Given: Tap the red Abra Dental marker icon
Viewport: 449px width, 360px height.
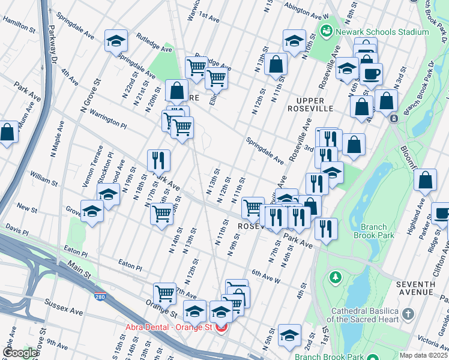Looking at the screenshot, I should pyautogui.click(x=221, y=328).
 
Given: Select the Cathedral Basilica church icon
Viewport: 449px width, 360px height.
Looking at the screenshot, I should pyautogui.click(x=408, y=314).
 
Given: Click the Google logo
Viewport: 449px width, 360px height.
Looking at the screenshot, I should pyautogui.click(x=19, y=353).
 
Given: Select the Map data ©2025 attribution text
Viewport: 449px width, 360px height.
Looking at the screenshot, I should pyautogui.click(x=423, y=355).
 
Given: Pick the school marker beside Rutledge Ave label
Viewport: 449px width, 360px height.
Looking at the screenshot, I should pyautogui.click(x=116, y=41).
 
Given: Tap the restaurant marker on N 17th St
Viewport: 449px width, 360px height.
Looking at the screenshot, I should pyautogui.click(x=158, y=160).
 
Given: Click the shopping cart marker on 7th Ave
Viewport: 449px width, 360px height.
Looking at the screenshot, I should pyautogui.click(x=164, y=293).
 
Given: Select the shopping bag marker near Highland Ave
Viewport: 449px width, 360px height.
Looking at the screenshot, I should pyautogui.click(x=425, y=180).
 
